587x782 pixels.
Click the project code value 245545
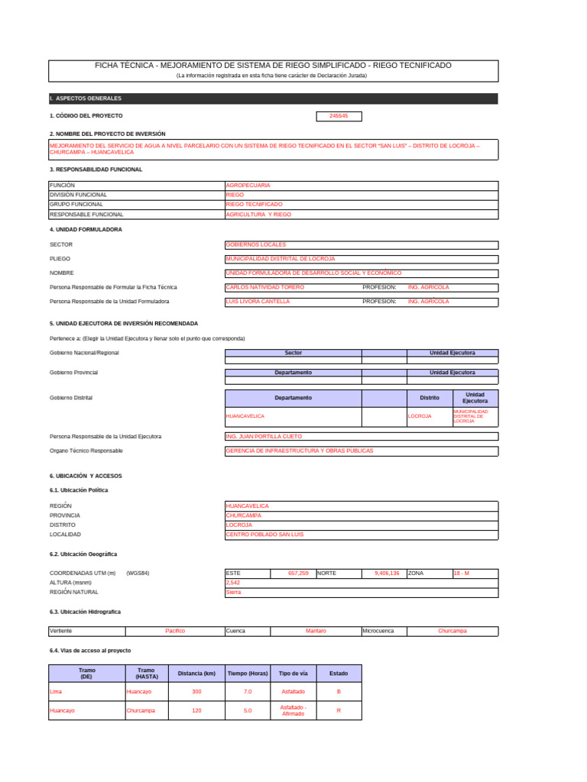[x=339, y=116]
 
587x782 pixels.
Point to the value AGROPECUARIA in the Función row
[x=248, y=186]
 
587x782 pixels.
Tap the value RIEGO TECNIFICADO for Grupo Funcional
[x=255, y=205]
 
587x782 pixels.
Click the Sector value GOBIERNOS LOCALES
[x=256, y=244]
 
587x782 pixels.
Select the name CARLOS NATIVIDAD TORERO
[x=264, y=287]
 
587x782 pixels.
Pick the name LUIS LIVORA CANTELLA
[x=258, y=302]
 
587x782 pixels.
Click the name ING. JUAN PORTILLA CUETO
[x=264, y=436]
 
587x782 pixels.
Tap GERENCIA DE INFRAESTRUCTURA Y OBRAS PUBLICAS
[x=300, y=451]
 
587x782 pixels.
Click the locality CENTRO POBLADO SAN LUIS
[x=264, y=535]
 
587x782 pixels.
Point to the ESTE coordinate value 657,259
[x=298, y=573]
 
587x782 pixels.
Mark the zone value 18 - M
[x=462, y=573]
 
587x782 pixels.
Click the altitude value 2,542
[x=234, y=583]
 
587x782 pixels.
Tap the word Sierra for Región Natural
[x=233, y=593]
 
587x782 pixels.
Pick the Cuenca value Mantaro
[x=316, y=632]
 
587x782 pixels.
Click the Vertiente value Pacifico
[x=175, y=632]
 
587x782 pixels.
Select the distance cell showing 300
[x=196, y=691]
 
